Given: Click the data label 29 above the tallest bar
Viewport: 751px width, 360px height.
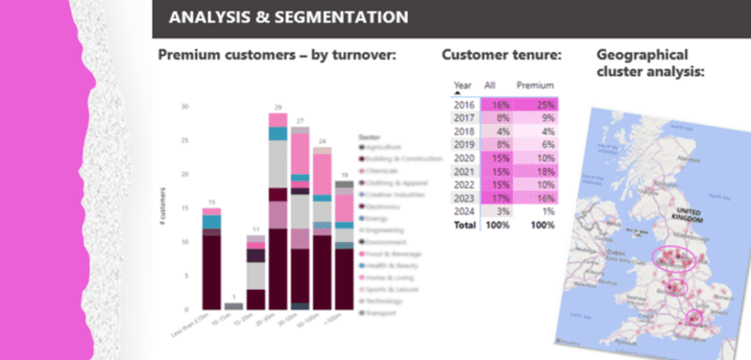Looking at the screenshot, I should coord(278,107).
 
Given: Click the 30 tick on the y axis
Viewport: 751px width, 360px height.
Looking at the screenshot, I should coord(185,107).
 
